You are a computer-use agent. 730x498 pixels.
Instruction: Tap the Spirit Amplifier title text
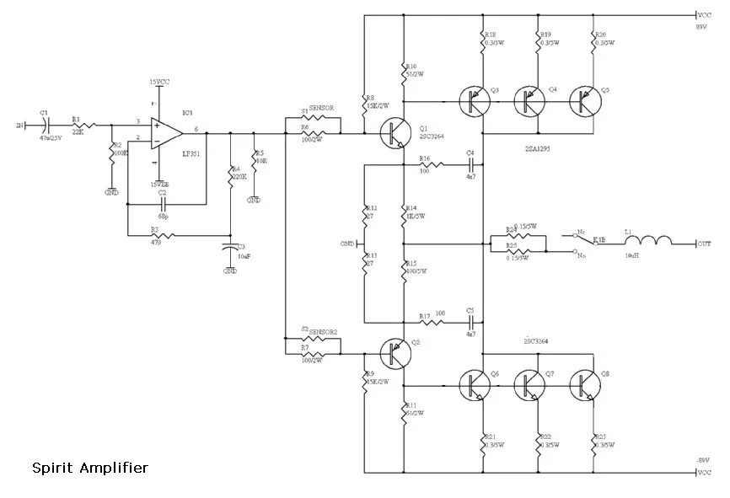[90, 466]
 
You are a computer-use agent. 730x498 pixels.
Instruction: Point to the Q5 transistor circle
[584, 101]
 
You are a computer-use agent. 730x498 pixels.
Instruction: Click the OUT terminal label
[705, 244]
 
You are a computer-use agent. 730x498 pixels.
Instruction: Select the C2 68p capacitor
[162, 203]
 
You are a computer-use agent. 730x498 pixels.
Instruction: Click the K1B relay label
[598, 240]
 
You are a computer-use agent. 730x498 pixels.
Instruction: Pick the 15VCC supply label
[160, 83]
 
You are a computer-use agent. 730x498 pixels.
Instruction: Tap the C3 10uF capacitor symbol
[230, 249]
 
